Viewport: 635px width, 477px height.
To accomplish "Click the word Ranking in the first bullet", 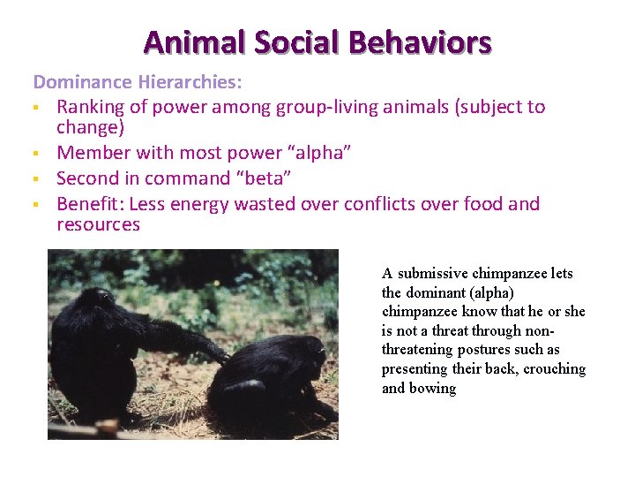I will [92, 107].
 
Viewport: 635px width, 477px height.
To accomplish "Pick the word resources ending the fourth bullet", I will [98, 224].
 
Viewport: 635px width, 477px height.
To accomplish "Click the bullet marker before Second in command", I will [37, 179].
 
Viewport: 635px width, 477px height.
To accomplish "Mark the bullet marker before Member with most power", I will [37, 154].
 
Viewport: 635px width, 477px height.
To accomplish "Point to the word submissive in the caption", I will [435, 274].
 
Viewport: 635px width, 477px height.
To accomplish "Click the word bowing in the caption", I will [432, 389].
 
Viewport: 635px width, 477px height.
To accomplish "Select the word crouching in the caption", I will [555, 369].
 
